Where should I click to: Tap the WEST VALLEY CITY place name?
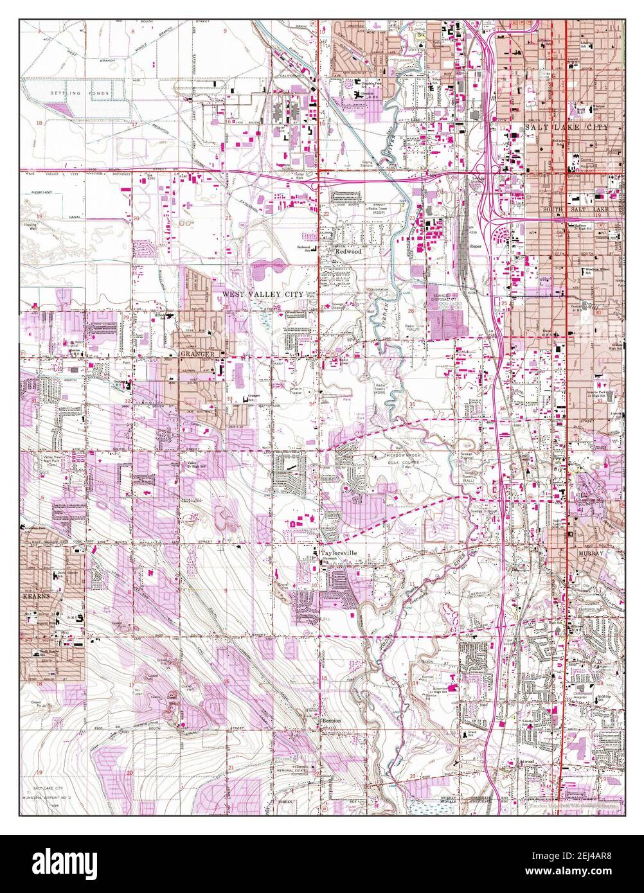click(262, 293)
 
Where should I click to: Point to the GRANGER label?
click(197, 353)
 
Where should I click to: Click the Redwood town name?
click(348, 252)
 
